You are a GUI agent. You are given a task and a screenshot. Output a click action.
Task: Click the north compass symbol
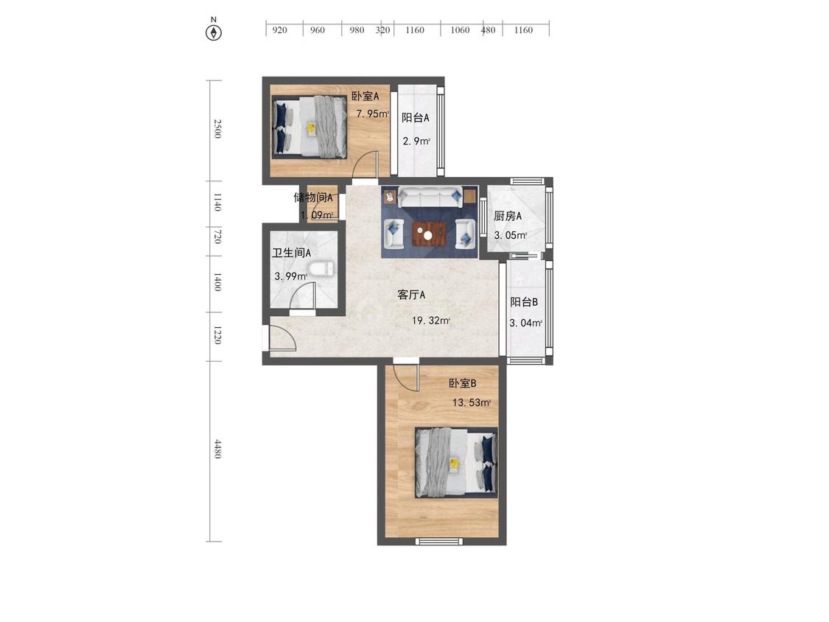(x=214, y=32)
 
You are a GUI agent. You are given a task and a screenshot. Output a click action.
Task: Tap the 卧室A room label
(x=365, y=96)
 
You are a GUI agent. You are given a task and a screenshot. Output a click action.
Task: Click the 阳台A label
(x=415, y=118)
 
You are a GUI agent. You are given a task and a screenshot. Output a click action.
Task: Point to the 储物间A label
(x=313, y=198)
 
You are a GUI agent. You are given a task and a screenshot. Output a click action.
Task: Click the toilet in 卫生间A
(x=320, y=269)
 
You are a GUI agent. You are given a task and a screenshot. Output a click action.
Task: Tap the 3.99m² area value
(x=290, y=276)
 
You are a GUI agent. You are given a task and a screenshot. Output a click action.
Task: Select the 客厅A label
(x=411, y=295)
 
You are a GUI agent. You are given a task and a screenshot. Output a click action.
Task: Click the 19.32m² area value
(x=431, y=321)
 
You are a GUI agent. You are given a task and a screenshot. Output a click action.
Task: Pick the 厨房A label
(x=508, y=216)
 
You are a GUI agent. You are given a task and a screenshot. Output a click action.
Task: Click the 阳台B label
(x=524, y=302)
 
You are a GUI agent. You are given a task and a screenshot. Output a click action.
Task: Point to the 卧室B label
(x=462, y=383)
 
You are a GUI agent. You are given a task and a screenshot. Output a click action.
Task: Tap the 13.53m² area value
(x=472, y=402)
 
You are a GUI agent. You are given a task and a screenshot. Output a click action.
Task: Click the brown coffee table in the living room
(x=430, y=233)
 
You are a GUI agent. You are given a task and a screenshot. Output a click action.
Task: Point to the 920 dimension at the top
(x=279, y=30)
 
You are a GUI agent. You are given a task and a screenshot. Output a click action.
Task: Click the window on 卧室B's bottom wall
(x=439, y=542)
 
